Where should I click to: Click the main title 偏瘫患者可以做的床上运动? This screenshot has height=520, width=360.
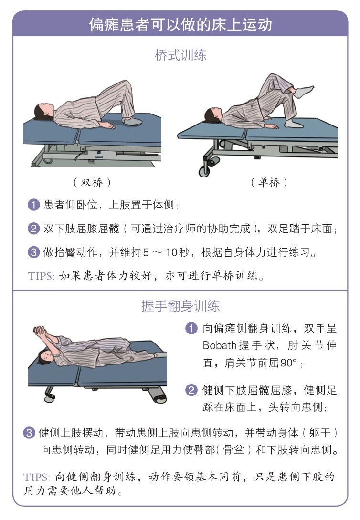pyautogui.click(x=180, y=25)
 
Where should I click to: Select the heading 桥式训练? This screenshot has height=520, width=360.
pyautogui.click(x=180, y=55)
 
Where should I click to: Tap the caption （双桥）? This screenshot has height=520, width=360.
pyautogui.click(x=92, y=182)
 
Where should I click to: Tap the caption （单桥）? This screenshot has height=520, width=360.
pyautogui.click(x=269, y=182)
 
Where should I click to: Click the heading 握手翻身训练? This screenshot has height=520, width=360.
pyautogui.click(x=180, y=306)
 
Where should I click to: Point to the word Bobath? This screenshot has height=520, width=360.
pyautogui.click(x=219, y=345)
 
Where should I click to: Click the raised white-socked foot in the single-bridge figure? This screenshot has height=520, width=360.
pyautogui.click(x=304, y=91)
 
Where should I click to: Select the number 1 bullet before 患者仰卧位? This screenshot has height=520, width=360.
pyautogui.click(x=33, y=205)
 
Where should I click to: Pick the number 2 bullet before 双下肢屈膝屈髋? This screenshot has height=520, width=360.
pyautogui.click(x=33, y=229)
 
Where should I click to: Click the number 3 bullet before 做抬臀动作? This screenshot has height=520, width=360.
pyautogui.click(x=33, y=252)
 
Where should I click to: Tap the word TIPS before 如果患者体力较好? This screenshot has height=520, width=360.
pyautogui.click(x=41, y=276)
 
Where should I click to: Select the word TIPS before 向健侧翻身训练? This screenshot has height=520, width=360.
pyautogui.click(x=37, y=477)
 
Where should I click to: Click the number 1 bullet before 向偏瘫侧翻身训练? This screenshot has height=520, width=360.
pyautogui.click(x=191, y=328)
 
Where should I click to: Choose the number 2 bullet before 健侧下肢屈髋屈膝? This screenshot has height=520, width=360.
pyautogui.click(x=191, y=390)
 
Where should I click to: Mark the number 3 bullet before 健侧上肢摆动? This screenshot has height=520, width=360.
pyautogui.click(x=29, y=432)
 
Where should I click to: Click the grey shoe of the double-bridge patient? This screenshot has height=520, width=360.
pyautogui.click(x=132, y=121)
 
